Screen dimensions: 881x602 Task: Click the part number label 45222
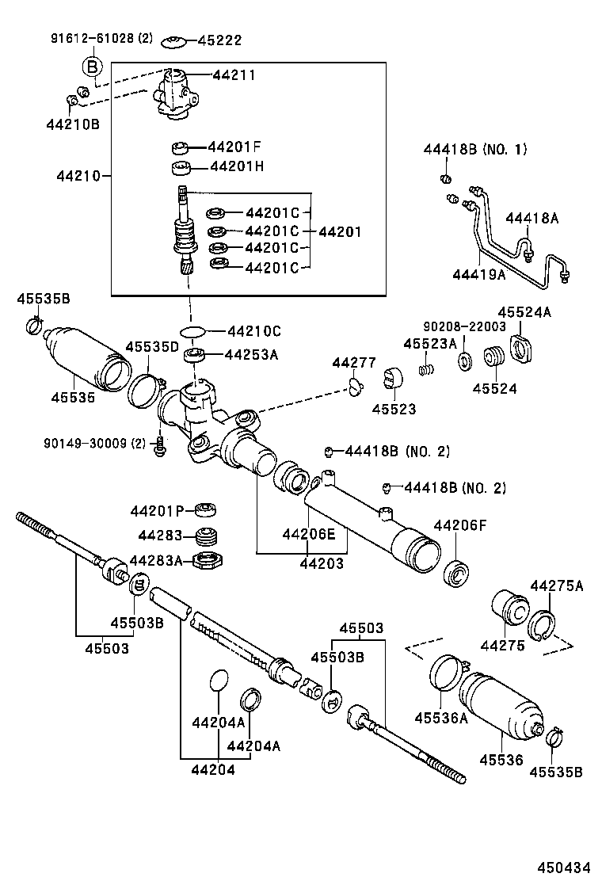click(219, 41)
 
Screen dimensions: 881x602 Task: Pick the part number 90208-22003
click(463, 326)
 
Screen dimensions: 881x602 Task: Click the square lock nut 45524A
click(524, 348)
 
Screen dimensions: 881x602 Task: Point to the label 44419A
click(478, 274)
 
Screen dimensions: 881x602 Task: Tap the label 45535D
click(151, 347)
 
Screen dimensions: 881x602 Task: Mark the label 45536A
click(440, 718)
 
